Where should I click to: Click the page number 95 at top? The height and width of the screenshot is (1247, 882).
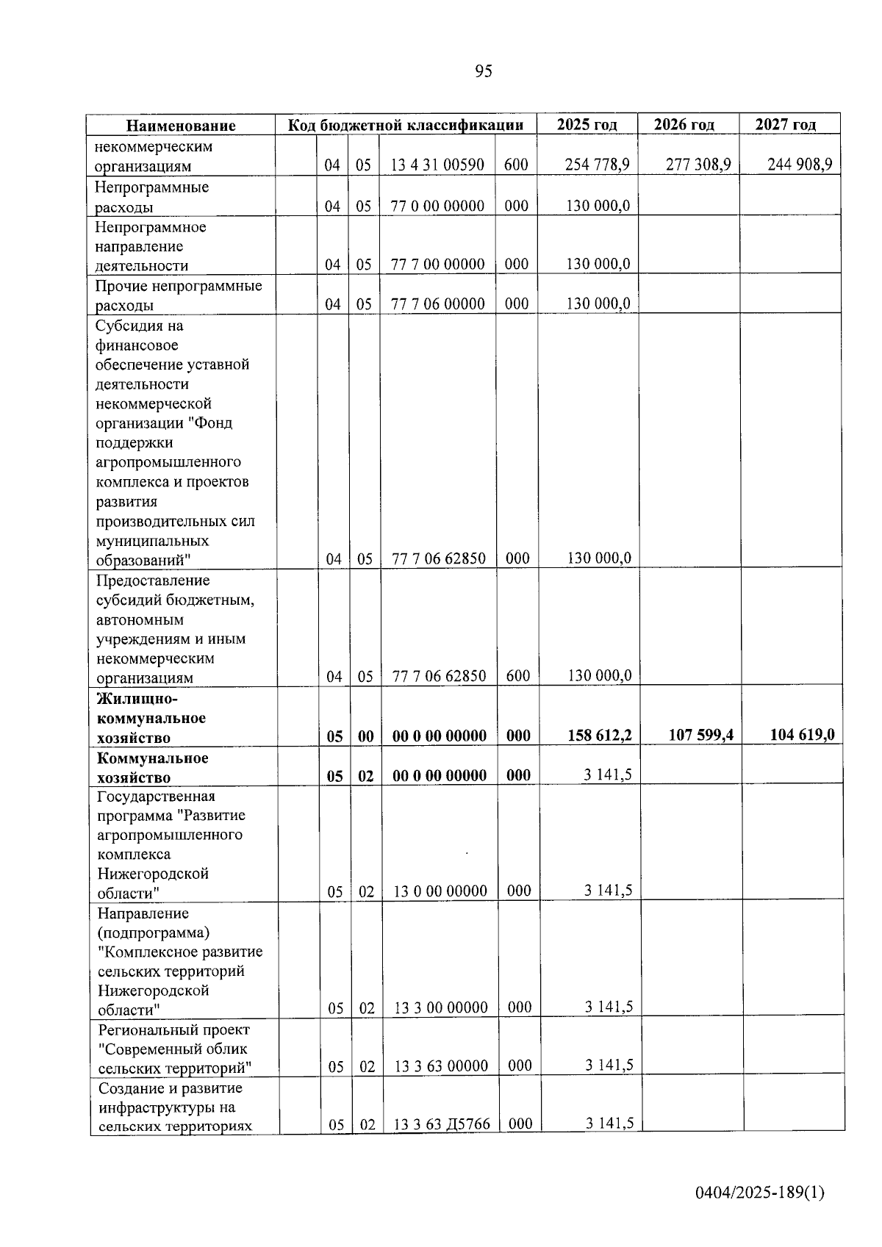[484, 71]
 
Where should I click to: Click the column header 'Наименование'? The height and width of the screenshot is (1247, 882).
[181, 126]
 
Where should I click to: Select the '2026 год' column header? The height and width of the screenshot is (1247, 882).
[684, 124]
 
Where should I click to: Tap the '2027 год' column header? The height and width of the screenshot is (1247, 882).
[786, 124]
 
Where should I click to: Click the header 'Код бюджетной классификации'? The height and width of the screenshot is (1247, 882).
[406, 125]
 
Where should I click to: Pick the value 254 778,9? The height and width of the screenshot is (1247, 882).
[597, 165]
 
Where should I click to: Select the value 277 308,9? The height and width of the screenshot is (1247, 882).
[698, 165]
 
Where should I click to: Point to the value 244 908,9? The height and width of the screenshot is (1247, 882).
[799, 165]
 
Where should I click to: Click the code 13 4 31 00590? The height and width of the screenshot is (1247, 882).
[437, 165]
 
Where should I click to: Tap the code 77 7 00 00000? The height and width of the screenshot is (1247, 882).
[437, 265]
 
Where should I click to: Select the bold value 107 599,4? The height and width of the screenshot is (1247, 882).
[700, 735]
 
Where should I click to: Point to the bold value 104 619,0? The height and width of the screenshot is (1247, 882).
[802, 734]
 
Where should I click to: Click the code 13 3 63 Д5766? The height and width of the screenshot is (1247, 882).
[441, 1124]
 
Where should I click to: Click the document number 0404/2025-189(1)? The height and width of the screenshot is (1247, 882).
[760, 1193]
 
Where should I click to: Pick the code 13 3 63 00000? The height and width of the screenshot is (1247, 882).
[440, 1066]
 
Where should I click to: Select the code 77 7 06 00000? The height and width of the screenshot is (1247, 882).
[437, 304]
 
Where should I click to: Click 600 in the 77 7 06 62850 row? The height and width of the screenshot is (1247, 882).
[518, 676]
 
